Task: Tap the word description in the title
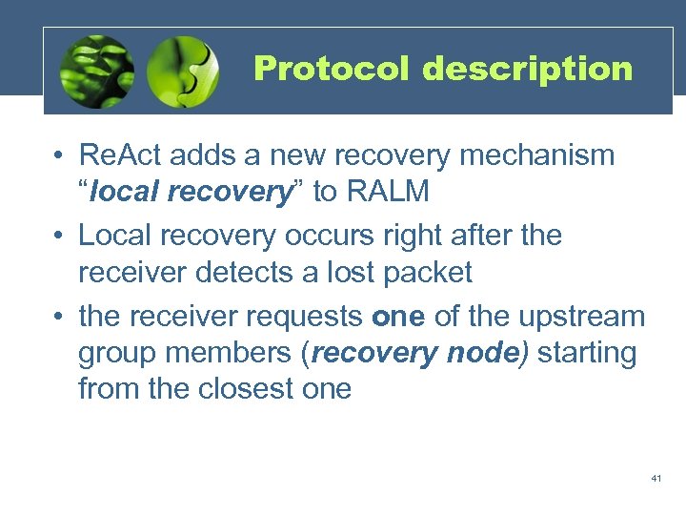528,69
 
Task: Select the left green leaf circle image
95,72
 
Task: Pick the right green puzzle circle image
183,72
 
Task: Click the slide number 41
656,478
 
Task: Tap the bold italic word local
117,192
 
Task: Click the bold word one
398,316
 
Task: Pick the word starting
588,353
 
